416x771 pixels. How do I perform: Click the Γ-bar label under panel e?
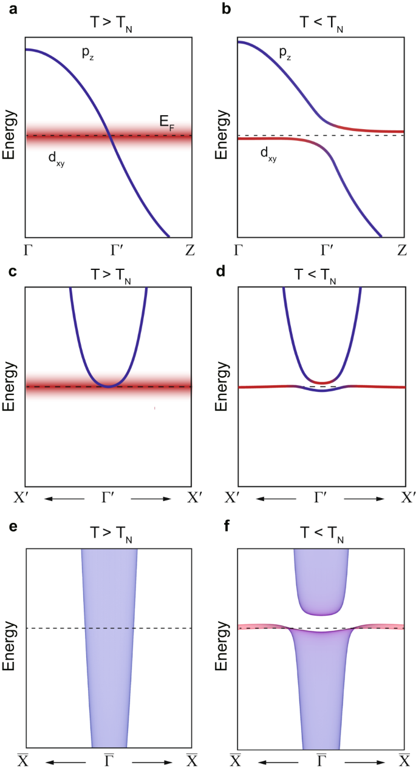109,759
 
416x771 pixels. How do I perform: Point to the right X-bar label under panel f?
404,759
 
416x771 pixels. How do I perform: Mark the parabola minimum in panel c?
109,386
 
